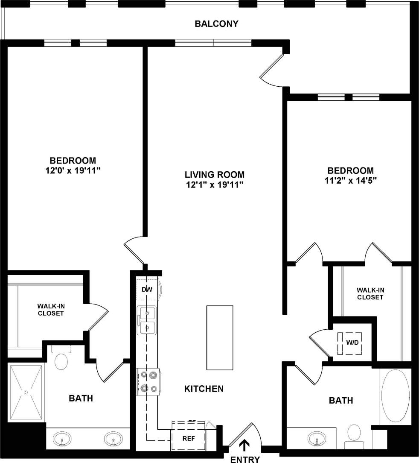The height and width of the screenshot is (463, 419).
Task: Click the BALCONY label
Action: click(216, 23)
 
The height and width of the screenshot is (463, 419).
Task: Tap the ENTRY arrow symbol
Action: click(244, 445)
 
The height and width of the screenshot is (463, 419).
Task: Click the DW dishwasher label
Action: click(147, 290)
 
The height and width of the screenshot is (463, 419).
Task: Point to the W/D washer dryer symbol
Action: click(352, 343)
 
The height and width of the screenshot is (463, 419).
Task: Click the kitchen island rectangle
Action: click(220, 337)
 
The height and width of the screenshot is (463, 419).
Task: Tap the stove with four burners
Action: click(148, 382)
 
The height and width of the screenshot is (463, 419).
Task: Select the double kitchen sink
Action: click(146, 321)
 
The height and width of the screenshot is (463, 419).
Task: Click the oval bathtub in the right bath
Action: click(395, 397)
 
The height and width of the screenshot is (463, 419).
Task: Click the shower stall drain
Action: click(26, 391)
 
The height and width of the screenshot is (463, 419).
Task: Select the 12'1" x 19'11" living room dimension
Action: click(215, 185)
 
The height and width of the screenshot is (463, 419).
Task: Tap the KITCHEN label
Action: click(204, 389)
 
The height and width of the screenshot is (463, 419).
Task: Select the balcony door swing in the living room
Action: click(272, 70)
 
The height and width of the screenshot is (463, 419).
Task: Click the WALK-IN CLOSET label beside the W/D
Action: click(370, 293)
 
